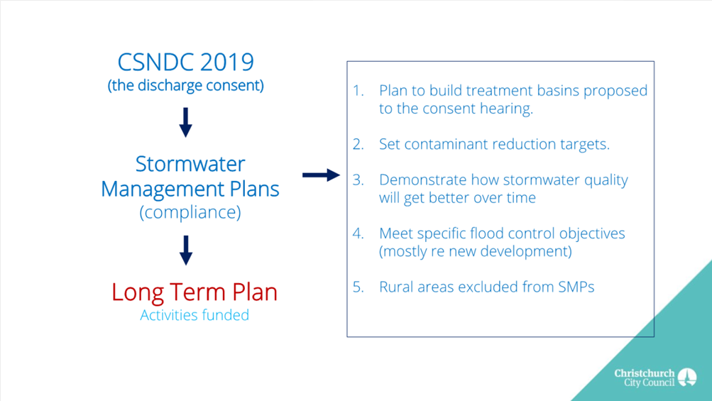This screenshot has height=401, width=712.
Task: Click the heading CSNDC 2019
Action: tap(186, 62)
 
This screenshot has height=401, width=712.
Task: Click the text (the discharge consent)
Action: tap(186, 85)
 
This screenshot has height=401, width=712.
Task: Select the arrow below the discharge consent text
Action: tap(186, 122)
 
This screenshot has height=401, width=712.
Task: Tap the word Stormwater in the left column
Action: tap(190, 164)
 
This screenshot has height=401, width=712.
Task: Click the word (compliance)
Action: tap(190, 212)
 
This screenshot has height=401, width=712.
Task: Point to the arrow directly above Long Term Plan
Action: tap(186, 251)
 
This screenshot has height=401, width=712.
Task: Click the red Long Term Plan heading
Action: tap(195, 292)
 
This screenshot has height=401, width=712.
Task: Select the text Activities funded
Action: tap(195, 315)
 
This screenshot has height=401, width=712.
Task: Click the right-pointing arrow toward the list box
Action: tap(321, 175)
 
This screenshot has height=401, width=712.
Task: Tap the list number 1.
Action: tap(358, 91)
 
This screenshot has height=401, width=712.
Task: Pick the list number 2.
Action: tap(358, 144)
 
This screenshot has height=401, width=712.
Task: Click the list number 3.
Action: tap(358, 180)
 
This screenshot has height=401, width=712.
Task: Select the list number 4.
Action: tap(358, 234)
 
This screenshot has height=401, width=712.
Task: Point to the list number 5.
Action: tap(358, 287)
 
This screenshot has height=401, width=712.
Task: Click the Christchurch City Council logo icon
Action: tap(687, 378)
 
